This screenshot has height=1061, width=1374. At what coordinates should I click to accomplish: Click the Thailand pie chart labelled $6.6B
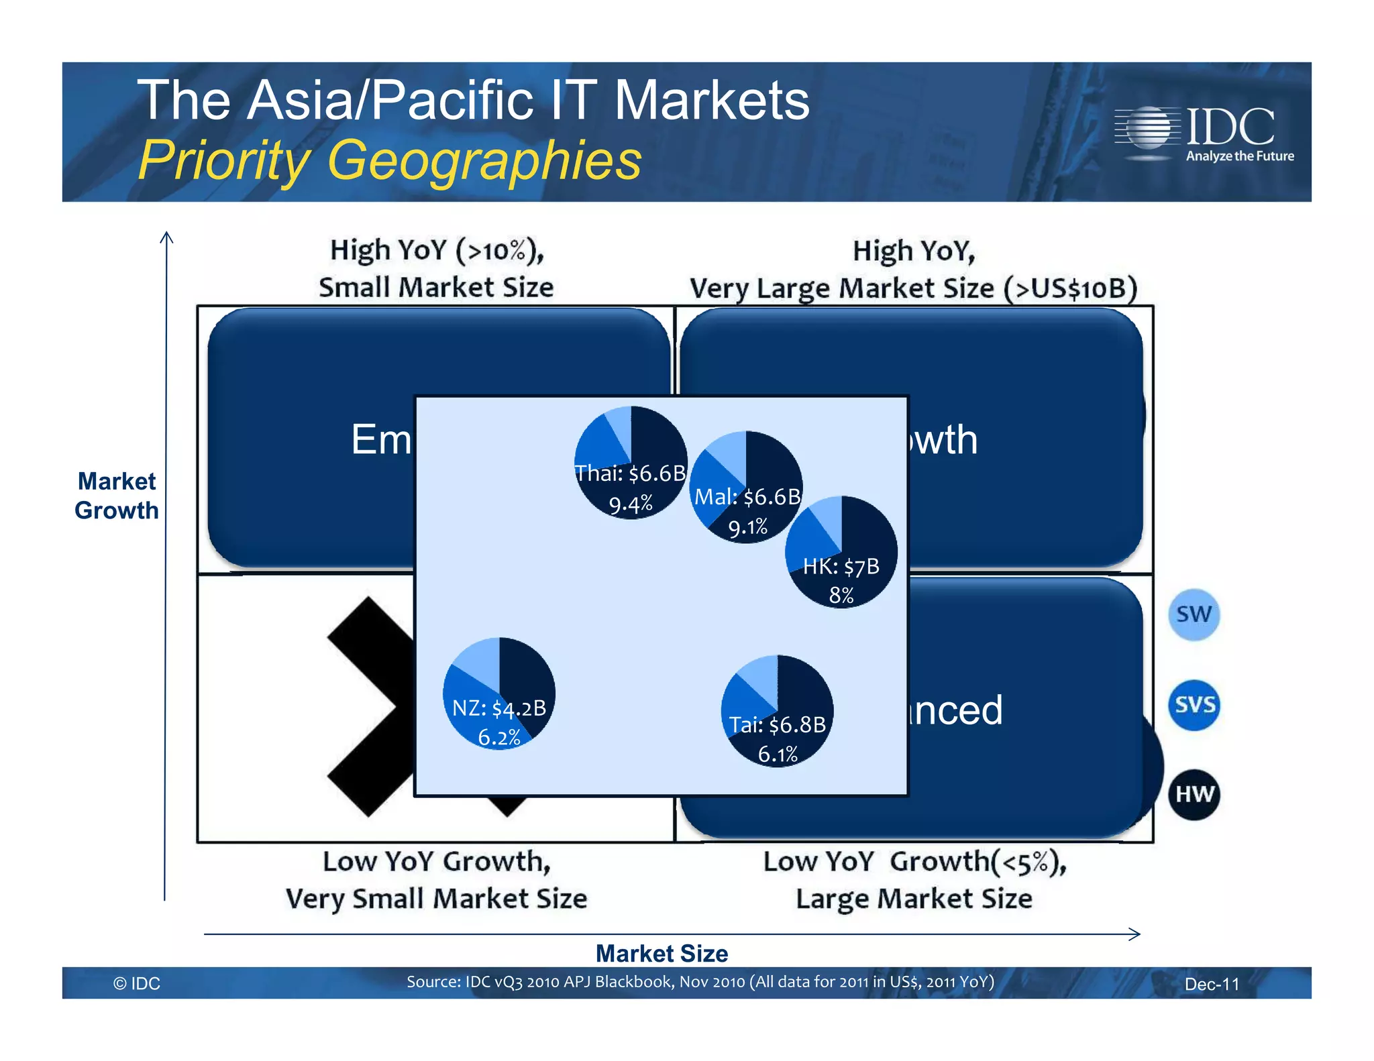click(631, 463)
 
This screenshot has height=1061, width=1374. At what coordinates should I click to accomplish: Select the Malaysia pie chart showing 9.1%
click(746, 487)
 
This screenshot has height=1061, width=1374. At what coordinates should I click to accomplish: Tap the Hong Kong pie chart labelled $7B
click(841, 552)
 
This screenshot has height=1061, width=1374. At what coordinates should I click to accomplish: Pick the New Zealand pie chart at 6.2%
click(499, 693)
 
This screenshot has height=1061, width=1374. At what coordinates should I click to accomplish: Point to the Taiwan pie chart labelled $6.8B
click(778, 711)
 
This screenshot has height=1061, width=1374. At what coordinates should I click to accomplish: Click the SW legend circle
click(1194, 614)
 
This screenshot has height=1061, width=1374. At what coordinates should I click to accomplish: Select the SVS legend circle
click(1194, 705)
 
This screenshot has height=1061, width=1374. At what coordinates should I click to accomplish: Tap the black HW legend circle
click(1194, 795)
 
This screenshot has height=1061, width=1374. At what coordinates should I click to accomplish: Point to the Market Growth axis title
click(117, 496)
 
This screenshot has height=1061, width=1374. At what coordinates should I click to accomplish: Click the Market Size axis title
click(662, 954)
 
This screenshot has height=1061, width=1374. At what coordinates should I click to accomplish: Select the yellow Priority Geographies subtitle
click(390, 161)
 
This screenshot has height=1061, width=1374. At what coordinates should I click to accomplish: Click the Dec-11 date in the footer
click(1212, 984)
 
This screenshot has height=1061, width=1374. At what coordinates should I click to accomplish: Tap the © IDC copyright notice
click(137, 983)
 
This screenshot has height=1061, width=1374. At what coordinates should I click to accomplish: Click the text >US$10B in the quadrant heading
click(1071, 288)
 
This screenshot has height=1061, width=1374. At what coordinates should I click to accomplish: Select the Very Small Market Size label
click(436, 899)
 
